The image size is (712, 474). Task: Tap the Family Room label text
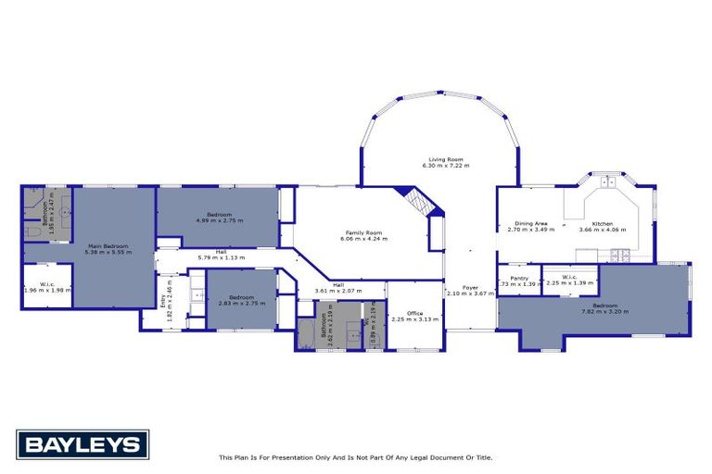(363, 232)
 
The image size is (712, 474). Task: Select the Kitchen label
(603, 223)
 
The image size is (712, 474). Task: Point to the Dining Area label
(531, 223)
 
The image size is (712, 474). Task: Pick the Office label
(414, 313)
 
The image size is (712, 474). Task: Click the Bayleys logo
(82, 444)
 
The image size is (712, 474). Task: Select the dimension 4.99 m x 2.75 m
(218, 220)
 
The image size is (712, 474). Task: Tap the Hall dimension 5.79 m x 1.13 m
(221, 256)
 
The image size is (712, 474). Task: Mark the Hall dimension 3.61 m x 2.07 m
(338, 291)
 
